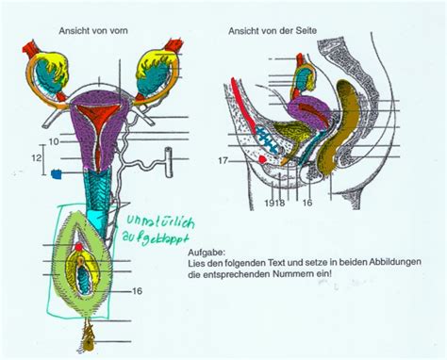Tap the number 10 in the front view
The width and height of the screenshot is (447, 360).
(x=55, y=140)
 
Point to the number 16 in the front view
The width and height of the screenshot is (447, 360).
(x=138, y=290)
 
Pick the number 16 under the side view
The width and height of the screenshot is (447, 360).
(x=306, y=201)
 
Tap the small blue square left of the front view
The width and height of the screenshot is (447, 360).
(x=58, y=172)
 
